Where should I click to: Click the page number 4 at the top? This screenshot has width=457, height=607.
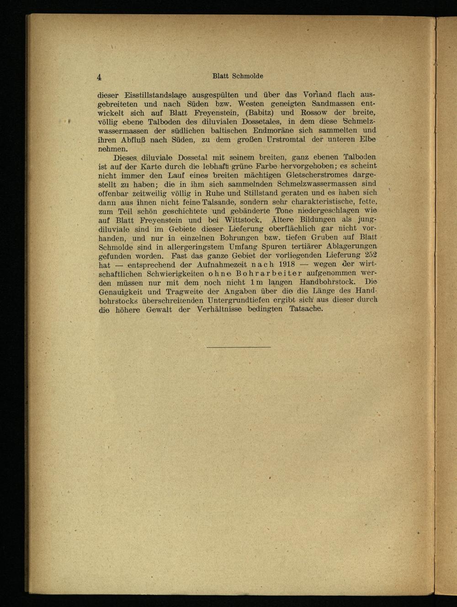pyautogui.click(x=99, y=76)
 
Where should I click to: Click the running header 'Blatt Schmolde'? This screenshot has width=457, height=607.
pyautogui.click(x=234, y=76)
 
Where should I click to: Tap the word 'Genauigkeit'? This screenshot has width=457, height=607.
pyautogui.click(x=120, y=291)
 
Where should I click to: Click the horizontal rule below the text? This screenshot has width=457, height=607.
pyautogui.click(x=238, y=348)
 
